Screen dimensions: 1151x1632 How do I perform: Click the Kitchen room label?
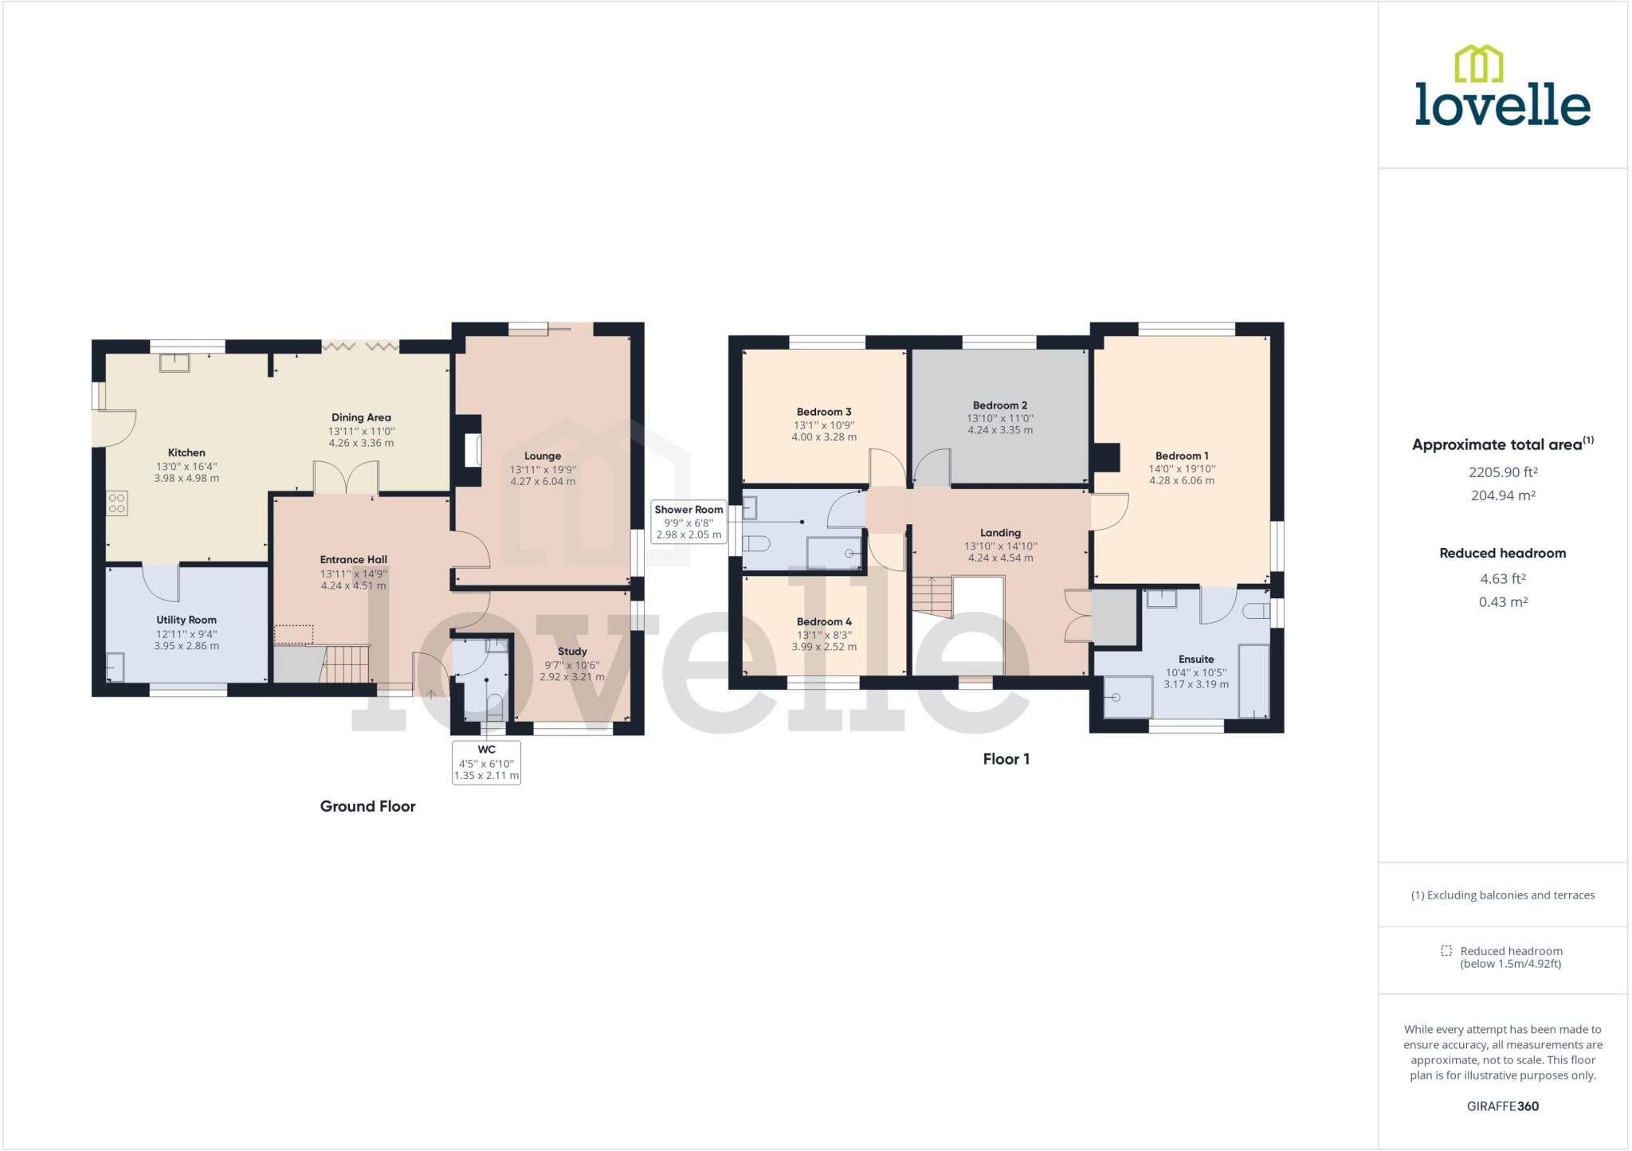(186, 452)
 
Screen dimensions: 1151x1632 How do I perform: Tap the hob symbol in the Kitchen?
(117, 503)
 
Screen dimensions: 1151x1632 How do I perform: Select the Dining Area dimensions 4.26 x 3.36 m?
(361, 443)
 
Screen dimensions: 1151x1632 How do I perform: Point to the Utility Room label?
(186, 620)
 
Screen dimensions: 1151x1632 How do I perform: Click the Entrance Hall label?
(353, 559)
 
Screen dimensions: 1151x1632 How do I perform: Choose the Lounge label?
(543, 456)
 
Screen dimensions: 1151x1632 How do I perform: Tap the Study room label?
(572, 652)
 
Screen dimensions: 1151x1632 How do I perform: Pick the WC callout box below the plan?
(486, 762)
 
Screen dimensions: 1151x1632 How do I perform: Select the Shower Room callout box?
(688, 523)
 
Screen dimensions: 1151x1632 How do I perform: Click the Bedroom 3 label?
(824, 412)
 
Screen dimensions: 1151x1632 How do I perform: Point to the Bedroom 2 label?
(1000, 405)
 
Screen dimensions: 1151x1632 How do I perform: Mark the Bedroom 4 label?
(824, 622)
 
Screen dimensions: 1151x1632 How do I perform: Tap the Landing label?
(1000, 533)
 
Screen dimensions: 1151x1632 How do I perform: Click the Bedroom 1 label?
(1182, 456)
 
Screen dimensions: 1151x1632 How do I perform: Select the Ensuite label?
(1196, 660)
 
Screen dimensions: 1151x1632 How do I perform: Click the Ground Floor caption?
(367, 806)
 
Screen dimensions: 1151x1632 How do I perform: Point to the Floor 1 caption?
(1006, 759)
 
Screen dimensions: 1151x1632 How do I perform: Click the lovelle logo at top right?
(1502, 88)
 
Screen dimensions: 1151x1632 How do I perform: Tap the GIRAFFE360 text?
(1502, 1106)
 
